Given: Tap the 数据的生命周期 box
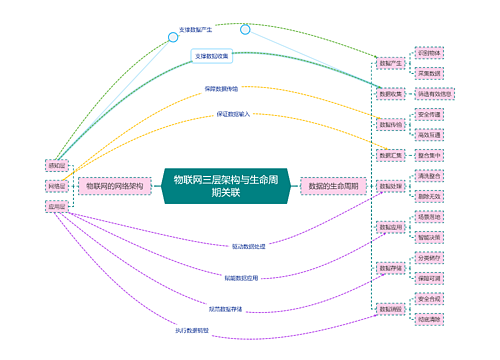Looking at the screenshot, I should [x=335, y=186].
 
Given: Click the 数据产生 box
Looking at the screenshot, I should [x=391, y=62].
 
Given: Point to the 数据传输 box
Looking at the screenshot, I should [x=391, y=125].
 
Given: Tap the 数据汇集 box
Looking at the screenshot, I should [x=391, y=156].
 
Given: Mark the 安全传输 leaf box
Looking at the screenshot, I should [x=431, y=115].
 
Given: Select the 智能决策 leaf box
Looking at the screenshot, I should [x=431, y=237].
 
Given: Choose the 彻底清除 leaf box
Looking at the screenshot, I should [x=431, y=319].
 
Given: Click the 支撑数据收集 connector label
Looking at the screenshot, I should [x=211, y=56].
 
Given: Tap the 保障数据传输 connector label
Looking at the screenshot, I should [x=221, y=89].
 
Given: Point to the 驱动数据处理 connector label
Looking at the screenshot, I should [x=248, y=245].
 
